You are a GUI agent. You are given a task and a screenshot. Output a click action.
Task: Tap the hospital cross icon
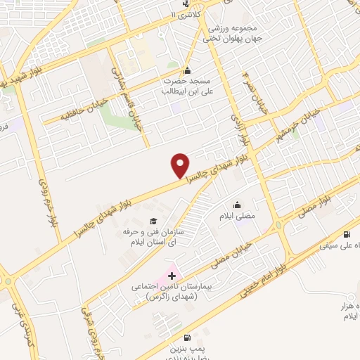172,274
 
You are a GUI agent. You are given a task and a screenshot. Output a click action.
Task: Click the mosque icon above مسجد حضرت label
187,70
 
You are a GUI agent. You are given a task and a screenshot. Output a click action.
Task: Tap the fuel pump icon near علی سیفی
346,235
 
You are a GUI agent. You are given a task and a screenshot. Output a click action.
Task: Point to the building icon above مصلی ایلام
240,205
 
